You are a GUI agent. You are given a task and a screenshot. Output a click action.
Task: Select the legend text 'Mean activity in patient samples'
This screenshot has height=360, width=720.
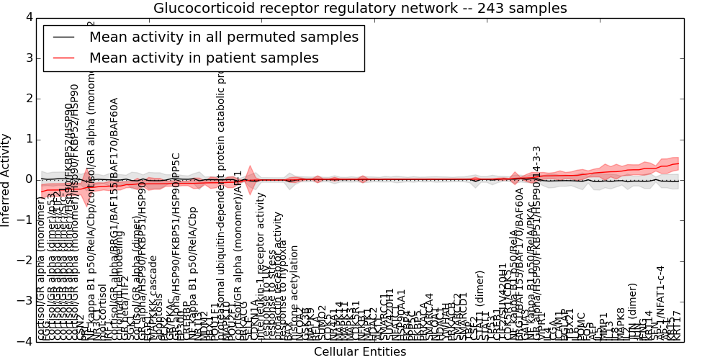pos(204,58)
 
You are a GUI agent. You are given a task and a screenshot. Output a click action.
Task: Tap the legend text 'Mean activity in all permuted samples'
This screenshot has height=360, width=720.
pos(224,37)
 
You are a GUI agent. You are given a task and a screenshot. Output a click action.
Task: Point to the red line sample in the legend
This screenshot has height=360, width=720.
pos(64,58)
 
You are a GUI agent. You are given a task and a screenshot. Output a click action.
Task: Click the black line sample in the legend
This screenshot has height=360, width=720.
pos(64,37)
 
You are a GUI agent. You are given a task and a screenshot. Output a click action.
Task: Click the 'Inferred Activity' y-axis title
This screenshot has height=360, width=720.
pos(6,179)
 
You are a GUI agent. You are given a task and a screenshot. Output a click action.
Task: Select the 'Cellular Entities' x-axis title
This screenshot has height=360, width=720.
pos(360,351)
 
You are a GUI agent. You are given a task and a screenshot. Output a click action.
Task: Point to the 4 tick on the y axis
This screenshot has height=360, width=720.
pos(29,17)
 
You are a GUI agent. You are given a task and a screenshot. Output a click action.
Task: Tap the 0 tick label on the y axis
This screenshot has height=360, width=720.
pos(29,179)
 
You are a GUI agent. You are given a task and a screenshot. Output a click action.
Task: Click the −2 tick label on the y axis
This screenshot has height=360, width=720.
pos(26,261)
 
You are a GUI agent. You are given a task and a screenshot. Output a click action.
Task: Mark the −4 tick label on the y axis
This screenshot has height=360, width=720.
pos(26,341)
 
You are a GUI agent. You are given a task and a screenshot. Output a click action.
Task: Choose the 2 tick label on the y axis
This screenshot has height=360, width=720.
pos(29,98)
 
